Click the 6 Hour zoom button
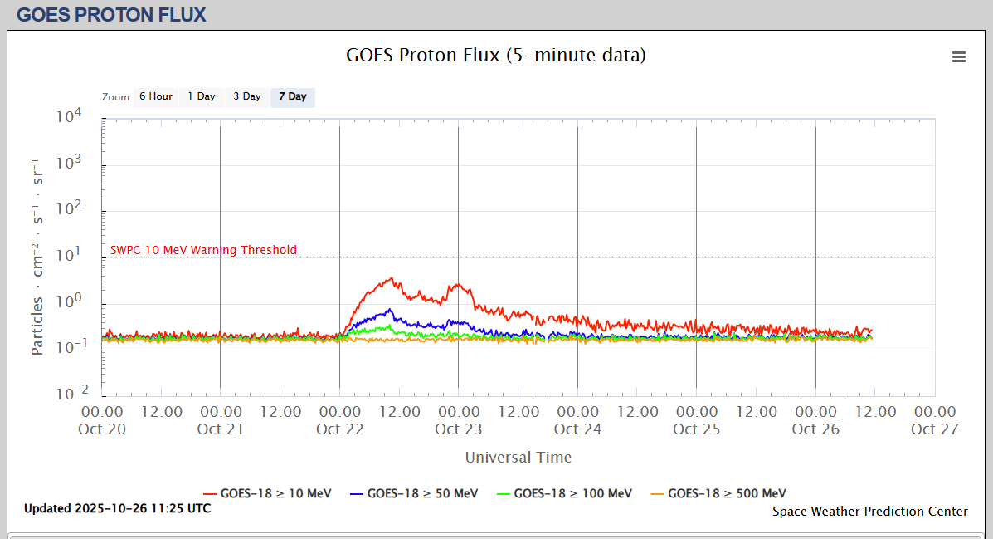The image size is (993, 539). pos(156,96)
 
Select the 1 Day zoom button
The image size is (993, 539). pos(202,96)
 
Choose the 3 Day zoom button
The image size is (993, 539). pos(247,96)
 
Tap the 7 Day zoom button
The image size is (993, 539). pos(293,96)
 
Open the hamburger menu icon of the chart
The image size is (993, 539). pos(959,56)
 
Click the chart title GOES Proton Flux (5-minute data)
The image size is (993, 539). pos(495,56)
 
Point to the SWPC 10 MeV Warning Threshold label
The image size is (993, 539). pos(203,250)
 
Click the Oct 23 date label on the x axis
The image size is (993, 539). pos(459,429)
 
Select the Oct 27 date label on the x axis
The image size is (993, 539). pos(935,429)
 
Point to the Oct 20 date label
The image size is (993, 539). pos(102,429)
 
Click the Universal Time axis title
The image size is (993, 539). pos(518,458)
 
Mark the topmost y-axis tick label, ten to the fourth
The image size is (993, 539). pos(69,117)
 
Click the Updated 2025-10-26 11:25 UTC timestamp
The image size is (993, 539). pos(117,508)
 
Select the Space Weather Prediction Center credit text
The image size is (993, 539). pos(869,512)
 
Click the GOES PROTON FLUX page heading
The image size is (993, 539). pos(111,14)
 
